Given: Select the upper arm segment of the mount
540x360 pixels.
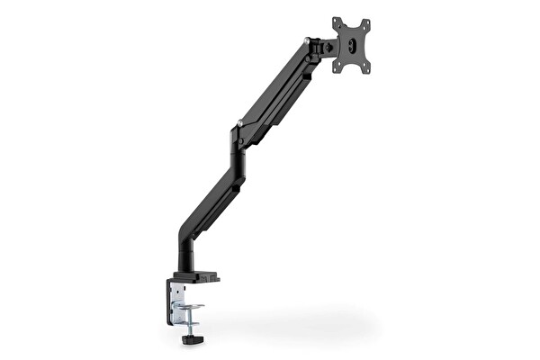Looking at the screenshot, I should pyautogui.click(x=274, y=90).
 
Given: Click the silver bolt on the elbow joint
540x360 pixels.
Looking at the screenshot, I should pyautogui.click(x=239, y=123).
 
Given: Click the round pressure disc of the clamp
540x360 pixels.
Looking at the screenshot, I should pyautogui.click(x=189, y=307).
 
